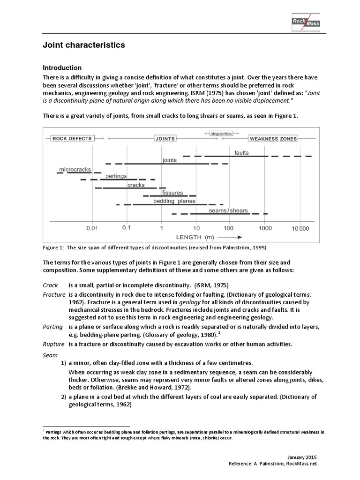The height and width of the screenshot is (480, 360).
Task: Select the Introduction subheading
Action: (x=62, y=68)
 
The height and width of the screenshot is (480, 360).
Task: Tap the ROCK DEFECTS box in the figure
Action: (x=72, y=139)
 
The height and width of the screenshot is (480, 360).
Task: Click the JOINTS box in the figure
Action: (x=165, y=139)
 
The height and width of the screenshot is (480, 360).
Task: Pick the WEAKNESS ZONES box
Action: (x=273, y=139)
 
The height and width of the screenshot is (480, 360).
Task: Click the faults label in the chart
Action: (x=241, y=153)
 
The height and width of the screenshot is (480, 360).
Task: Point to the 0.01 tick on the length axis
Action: (x=92, y=228)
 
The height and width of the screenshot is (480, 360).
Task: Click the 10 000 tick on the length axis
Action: (x=300, y=228)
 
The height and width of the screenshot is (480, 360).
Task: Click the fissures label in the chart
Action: (x=172, y=193)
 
